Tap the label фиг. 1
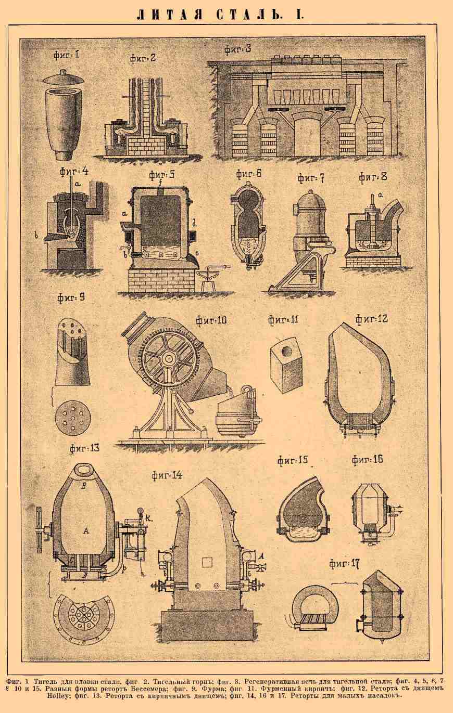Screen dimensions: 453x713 [66, 55]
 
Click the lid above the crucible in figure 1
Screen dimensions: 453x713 [65, 77]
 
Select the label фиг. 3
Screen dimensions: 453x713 [237, 49]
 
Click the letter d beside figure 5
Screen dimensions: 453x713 [194, 223]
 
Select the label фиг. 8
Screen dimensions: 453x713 [373, 176]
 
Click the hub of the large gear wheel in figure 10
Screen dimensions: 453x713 [167, 358]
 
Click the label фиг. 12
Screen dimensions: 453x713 [372, 319]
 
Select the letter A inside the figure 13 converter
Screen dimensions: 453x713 [85, 530]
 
